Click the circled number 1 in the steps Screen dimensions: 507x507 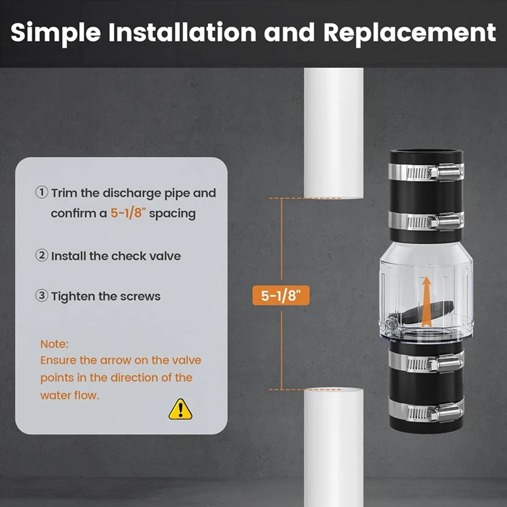[x=42, y=193]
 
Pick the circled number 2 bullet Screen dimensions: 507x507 [x=42, y=256]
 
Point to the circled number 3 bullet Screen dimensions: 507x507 [x=42, y=296]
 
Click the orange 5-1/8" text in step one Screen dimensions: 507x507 [x=128, y=214]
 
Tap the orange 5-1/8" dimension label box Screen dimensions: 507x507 [x=281, y=295]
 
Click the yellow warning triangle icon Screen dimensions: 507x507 [x=180, y=409]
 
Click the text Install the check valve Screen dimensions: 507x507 [x=116, y=256]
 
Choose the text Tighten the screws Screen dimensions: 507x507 [x=106, y=296]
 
